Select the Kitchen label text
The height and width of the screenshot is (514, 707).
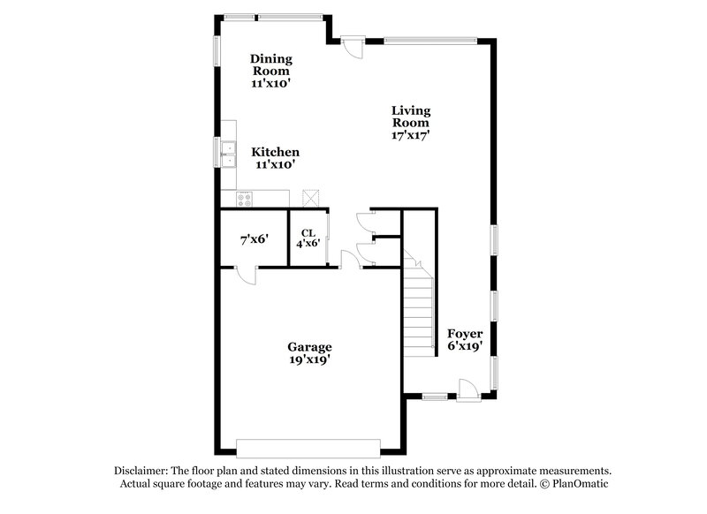(275, 153)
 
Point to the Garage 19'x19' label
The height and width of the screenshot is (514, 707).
(308, 353)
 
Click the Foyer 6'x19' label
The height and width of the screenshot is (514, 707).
(464, 340)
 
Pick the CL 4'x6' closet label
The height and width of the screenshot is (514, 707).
(308, 238)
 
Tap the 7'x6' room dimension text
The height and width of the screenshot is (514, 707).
(253, 239)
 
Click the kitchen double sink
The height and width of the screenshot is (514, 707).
(228, 154)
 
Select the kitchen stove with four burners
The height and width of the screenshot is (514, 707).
(243, 199)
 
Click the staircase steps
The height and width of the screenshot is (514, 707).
(420, 305)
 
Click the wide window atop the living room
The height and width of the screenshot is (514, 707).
(430, 39)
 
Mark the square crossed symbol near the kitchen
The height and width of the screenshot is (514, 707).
(310, 197)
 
